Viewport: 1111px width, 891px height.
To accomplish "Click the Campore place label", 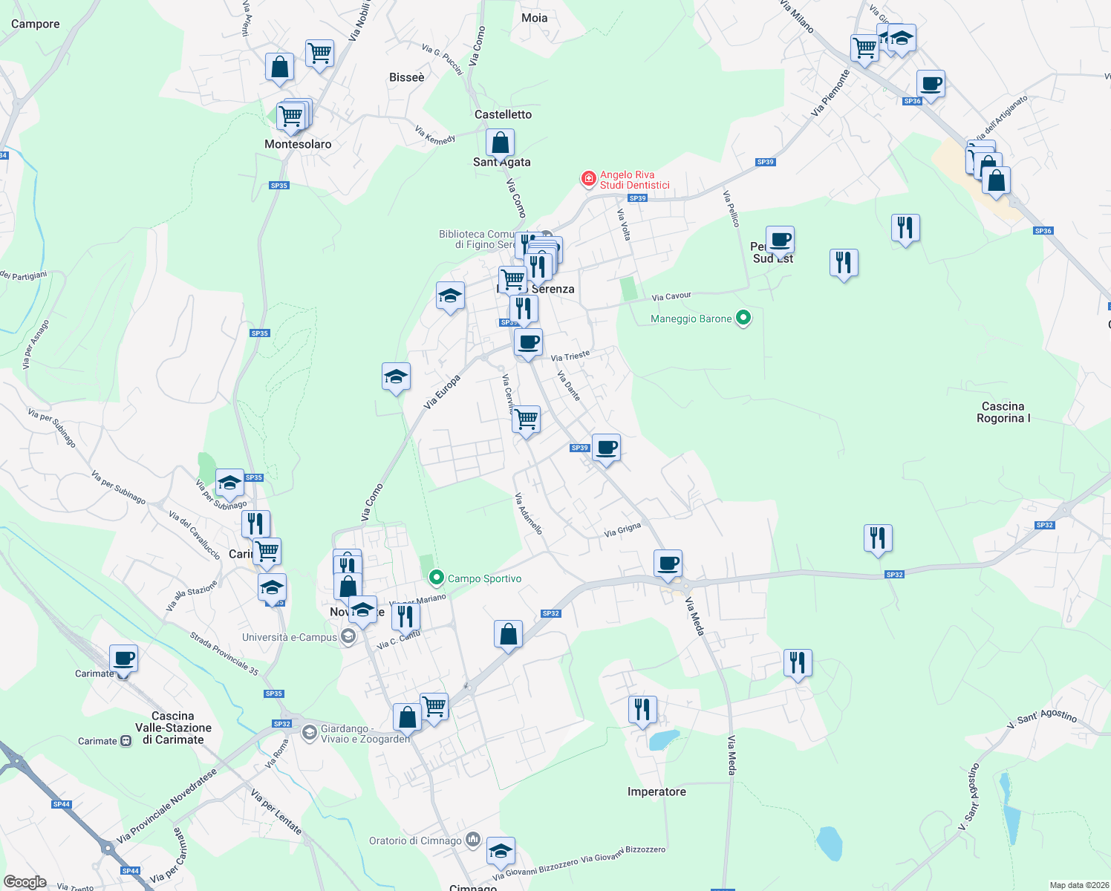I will (x=35, y=24).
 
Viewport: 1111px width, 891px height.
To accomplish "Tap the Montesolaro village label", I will (x=298, y=144).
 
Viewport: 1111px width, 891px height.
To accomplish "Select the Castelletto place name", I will (x=503, y=114).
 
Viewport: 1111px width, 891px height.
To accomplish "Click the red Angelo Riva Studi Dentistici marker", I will (x=588, y=179).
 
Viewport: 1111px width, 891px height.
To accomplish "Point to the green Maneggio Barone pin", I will (x=743, y=319).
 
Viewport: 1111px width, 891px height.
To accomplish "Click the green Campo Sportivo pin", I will (x=437, y=577).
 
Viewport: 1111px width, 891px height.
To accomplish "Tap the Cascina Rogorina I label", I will (x=1003, y=412).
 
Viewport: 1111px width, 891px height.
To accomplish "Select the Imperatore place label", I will (x=656, y=792).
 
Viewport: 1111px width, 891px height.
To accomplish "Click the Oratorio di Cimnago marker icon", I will (x=473, y=841).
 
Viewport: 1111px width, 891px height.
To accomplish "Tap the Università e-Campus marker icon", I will (x=348, y=637).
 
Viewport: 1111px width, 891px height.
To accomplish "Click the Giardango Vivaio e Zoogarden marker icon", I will (x=310, y=733).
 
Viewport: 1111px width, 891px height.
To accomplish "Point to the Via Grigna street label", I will (x=622, y=529).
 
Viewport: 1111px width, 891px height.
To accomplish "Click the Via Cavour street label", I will (x=671, y=296).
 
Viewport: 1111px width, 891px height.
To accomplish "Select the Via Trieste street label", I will (x=570, y=356).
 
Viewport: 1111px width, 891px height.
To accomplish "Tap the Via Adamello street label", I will (x=529, y=514).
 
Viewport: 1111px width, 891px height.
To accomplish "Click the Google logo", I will (x=25, y=882).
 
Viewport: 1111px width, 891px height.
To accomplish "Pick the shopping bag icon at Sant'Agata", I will (x=501, y=142).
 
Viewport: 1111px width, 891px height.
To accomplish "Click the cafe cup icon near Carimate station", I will (x=123, y=657).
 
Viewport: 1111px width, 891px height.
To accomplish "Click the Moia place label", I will (x=534, y=18).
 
